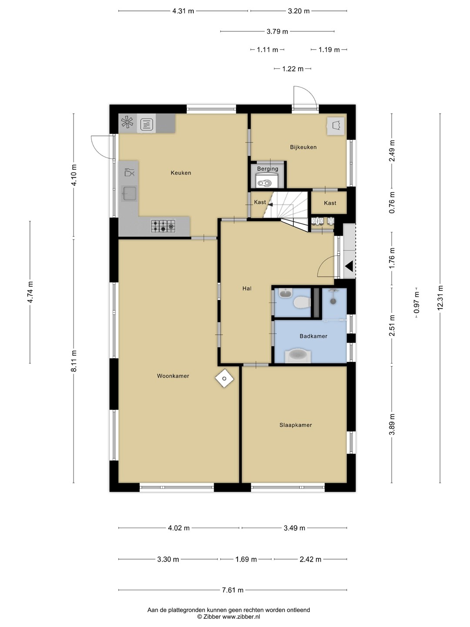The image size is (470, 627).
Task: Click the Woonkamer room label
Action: (173, 376)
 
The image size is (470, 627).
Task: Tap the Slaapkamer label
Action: (295, 425)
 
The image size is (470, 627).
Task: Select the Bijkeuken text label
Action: (303, 147)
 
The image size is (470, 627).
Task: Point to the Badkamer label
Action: (313, 336)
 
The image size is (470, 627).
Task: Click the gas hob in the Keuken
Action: (163, 226)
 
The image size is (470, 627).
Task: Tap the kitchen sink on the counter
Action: (129, 194)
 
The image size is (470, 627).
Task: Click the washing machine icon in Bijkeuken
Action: (336, 126)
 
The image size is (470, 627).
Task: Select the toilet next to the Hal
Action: (302, 303)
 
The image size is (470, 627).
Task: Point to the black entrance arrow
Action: (349, 266)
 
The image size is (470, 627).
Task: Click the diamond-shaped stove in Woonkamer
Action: (224, 378)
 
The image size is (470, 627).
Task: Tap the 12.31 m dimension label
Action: (440, 297)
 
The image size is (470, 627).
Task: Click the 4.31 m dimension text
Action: (183, 11)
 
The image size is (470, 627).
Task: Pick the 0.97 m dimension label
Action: (416, 302)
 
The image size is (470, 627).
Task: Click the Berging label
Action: (267, 169)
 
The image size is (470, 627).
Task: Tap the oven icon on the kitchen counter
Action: (147, 125)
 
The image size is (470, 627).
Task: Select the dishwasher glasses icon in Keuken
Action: (129, 172)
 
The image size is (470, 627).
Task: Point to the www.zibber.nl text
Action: (241, 617)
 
